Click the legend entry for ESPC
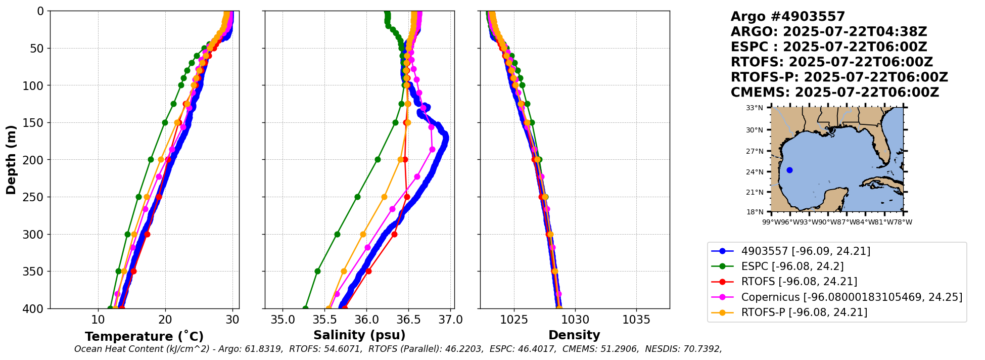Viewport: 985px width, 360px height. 792,266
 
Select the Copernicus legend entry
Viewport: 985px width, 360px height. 851,297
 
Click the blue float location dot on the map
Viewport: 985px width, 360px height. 789,170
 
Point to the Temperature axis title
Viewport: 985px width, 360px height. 144,336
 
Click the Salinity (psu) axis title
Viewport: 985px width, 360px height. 359,335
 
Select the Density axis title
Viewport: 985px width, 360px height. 574,335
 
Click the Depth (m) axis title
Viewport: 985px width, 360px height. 11,160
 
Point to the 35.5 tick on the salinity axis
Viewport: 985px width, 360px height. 324,320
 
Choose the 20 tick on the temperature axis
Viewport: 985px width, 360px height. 165,320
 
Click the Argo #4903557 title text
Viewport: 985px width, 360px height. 787,17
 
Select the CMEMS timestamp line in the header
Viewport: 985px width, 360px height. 834,93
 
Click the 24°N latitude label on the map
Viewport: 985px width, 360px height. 755,172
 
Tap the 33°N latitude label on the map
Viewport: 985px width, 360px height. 755,108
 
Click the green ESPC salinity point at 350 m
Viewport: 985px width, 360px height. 317,271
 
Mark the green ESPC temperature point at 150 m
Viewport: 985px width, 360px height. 165,122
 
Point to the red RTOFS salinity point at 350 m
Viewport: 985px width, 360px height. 368,271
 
